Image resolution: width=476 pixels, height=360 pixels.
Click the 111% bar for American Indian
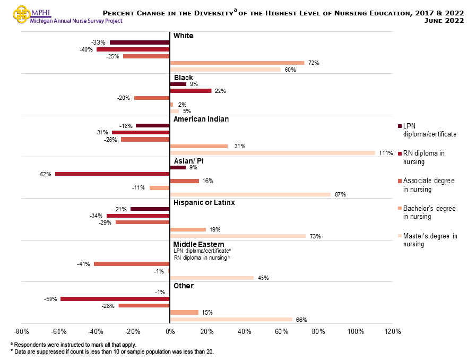273,153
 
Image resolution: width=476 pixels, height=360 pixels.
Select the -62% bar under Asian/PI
112,174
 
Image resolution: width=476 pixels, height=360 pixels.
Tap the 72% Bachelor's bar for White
237,63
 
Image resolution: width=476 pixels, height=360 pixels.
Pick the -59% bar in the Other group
115,299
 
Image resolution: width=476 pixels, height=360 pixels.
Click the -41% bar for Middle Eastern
132,264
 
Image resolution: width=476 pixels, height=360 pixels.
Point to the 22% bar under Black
191,91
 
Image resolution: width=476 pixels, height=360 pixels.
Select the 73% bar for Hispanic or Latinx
237,236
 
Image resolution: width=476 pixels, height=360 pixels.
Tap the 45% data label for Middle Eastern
263,278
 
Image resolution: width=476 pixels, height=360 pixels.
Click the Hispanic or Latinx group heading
204,202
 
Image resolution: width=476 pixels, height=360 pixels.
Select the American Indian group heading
201,119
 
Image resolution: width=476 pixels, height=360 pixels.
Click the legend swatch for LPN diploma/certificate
399,126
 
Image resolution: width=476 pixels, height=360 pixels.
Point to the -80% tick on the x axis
21,332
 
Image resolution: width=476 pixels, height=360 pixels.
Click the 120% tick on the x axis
392,332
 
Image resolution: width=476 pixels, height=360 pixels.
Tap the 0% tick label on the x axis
170,332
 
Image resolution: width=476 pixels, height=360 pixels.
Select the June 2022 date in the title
444,21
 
